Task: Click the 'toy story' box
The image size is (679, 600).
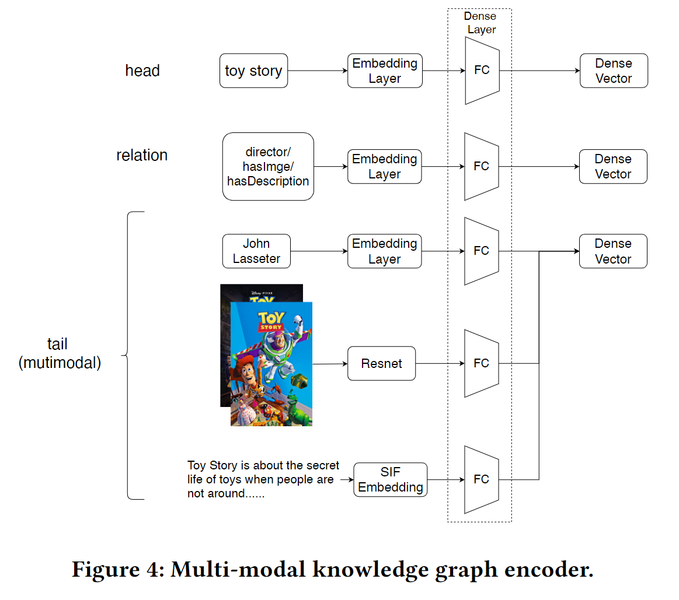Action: (253, 71)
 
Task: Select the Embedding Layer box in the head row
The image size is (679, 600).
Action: (385, 71)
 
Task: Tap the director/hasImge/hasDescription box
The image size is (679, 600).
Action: (268, 167)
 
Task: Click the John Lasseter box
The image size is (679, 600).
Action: (256, 251)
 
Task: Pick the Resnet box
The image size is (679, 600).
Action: (381, 364)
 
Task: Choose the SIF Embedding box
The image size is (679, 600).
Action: (391, 480)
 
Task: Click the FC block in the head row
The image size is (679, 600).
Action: (482, 71)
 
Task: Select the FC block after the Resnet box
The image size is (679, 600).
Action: (482, 363)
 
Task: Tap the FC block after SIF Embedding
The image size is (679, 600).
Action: (482, 479)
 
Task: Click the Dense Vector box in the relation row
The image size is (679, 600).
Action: (613, 167)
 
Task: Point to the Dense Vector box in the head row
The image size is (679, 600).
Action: (614, 71)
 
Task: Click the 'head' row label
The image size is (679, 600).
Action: (142, 71)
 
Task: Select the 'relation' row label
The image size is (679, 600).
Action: (142, 156)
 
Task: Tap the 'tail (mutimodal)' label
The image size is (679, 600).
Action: (60, 353)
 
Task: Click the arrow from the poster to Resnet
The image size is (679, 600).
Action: (330, 364)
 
